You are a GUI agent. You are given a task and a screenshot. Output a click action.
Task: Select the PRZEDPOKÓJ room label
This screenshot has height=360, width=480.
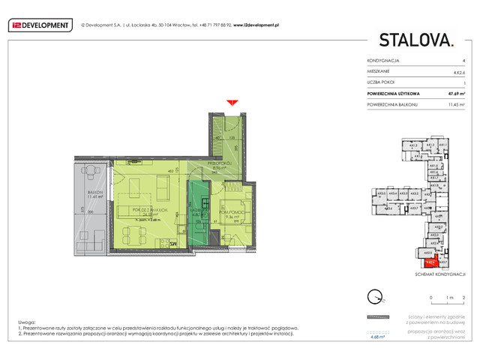coord(217,166)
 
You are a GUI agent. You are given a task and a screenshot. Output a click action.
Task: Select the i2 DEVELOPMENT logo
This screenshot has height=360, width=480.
coord(39,25)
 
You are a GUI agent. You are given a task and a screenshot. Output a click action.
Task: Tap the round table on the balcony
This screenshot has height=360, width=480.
coord(90,174)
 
